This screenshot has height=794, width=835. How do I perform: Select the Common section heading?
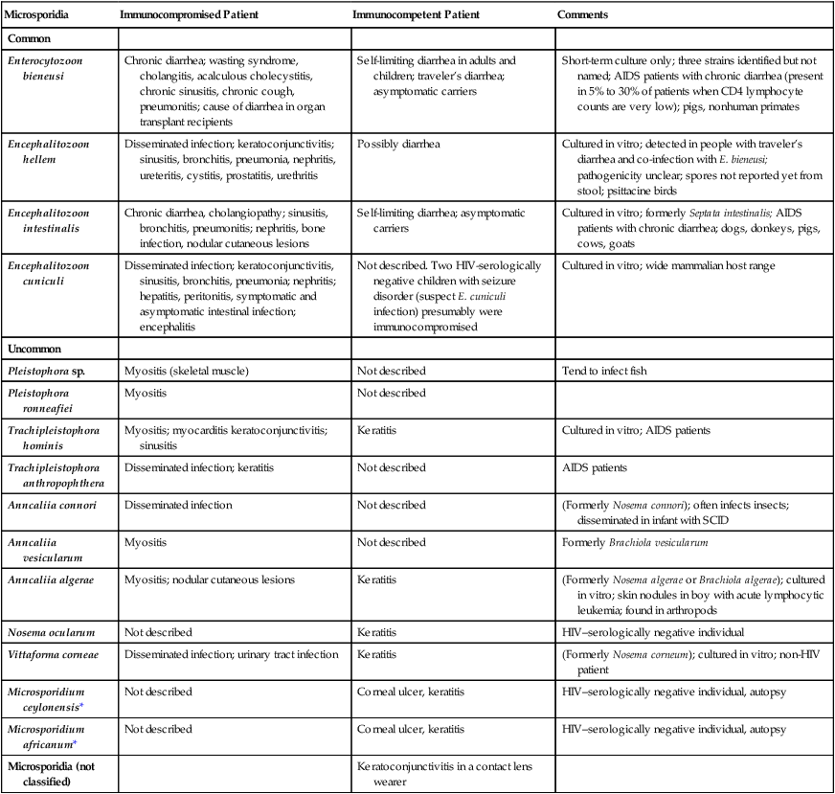[x=29, y=38]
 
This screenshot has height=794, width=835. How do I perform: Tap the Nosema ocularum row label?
[x=51, y=632]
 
